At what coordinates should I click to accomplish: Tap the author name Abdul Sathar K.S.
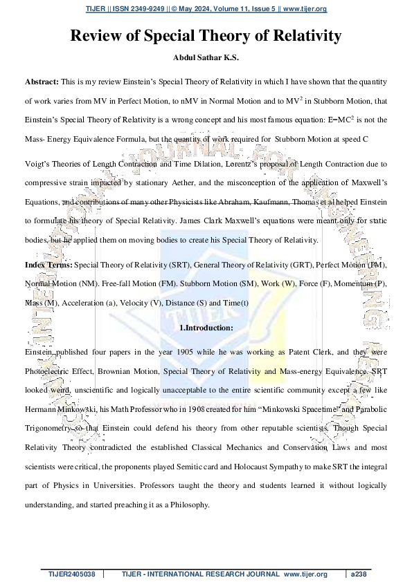[206, 59]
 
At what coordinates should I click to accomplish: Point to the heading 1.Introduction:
[206, 328]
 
